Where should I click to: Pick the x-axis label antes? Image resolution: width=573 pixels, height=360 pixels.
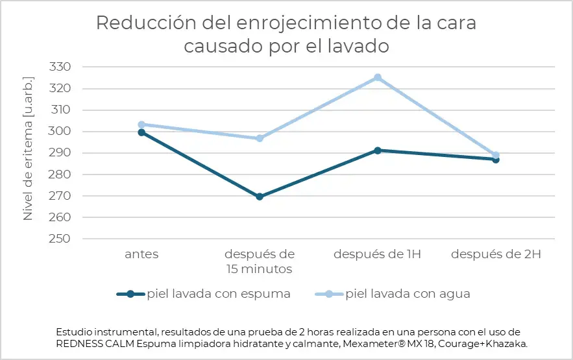point(141,254)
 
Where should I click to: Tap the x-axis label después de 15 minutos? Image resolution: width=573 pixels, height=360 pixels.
point(260,261)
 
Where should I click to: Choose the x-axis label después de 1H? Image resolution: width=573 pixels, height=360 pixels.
point(377,254)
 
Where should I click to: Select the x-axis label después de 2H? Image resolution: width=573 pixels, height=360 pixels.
point(496,254)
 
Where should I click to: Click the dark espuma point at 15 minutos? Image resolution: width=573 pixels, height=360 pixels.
point(260,197)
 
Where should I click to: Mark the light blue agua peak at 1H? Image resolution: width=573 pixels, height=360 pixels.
point(378,77)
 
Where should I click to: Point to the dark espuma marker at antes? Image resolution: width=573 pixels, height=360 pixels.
point(141,132)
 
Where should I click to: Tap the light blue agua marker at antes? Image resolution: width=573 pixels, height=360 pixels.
point(141,124)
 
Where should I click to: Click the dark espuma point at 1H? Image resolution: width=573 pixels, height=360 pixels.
point(378,150)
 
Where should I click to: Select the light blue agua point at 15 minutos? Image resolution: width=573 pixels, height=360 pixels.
point(260,138)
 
